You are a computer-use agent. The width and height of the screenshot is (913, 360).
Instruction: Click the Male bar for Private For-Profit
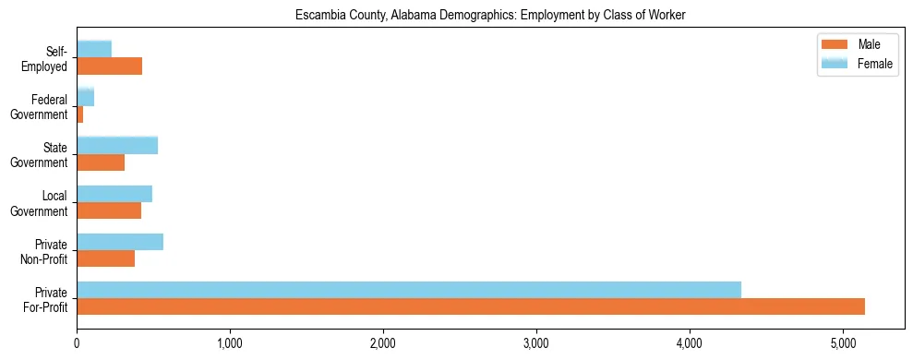pos(471,306)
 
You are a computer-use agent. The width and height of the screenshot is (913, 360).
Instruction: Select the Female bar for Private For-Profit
pos(409,290)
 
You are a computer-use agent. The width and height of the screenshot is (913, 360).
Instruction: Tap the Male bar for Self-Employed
pos(109,66)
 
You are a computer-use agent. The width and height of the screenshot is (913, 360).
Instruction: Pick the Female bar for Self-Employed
pos(94,49)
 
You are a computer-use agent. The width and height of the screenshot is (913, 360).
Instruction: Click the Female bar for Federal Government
pos(85,97)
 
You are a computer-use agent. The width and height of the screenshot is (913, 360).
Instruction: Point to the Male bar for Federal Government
pos(80,114)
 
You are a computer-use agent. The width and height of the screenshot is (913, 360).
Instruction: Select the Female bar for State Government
pos(117,145)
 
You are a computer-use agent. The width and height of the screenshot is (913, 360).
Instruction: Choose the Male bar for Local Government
pos(109,210)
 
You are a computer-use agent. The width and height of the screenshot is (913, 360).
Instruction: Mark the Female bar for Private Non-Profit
pos(120,242)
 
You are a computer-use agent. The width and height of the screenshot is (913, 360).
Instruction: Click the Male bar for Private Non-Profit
pos(106,258)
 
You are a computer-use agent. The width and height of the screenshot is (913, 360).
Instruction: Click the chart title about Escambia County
pos(490,16)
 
